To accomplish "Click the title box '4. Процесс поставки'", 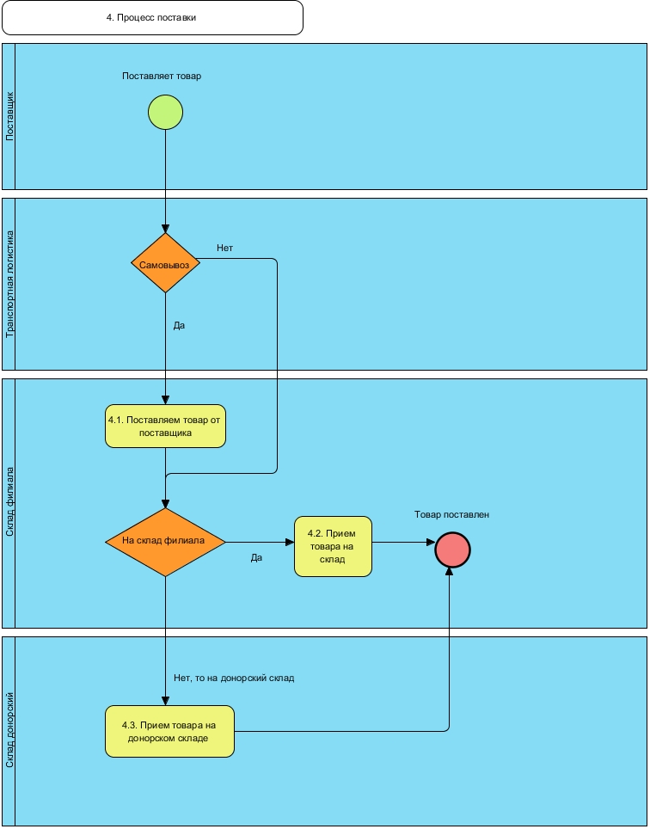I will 152,17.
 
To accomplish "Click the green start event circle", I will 165,112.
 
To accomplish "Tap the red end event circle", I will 453,550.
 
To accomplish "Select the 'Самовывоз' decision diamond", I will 165,264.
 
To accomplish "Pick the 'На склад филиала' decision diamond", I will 165,542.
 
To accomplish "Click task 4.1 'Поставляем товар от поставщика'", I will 165,426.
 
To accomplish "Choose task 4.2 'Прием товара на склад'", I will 333,546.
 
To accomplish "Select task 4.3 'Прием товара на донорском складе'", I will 169,731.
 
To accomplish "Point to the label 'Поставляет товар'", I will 162,76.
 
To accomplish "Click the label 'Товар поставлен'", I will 451,514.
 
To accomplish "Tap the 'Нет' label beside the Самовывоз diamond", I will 224,248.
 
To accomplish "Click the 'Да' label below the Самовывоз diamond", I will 179,326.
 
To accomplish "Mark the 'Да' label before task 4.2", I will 256,557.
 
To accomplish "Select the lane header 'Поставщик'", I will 9,117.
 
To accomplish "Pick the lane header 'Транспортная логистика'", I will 9,284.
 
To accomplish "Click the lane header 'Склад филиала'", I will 9,503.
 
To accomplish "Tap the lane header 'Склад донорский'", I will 9,731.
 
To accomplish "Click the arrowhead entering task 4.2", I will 290,542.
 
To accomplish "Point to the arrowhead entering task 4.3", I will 165,701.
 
